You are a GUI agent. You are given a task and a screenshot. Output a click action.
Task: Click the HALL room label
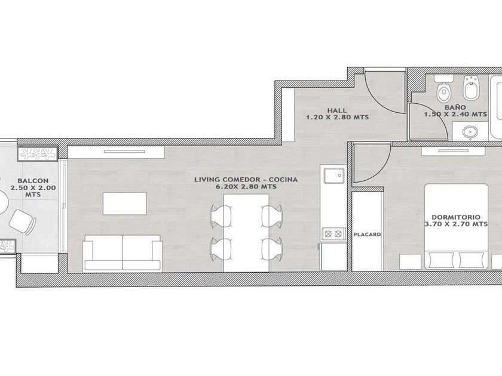[x=337, y=110]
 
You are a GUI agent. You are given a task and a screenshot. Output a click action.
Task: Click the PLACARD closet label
[x=367, y=235]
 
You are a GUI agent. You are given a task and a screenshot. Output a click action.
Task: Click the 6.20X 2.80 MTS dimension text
[x=246, y=187]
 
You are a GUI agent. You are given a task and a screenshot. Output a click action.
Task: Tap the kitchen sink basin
[x=334, y=176]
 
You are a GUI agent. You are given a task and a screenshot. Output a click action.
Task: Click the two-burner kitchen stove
[x=333, y=234]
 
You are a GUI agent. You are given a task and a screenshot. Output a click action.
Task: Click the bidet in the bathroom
[x=471, y=87]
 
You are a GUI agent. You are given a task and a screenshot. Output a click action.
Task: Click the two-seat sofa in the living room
[x=123, y=253]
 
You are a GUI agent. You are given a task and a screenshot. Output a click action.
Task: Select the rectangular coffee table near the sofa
[x=125, y=204]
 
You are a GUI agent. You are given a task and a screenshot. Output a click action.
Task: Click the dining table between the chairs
[x=246, y=233]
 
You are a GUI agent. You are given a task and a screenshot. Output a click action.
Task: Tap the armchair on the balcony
[x=23, y=222]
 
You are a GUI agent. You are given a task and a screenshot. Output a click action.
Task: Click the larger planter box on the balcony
[x=38, y=153]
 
